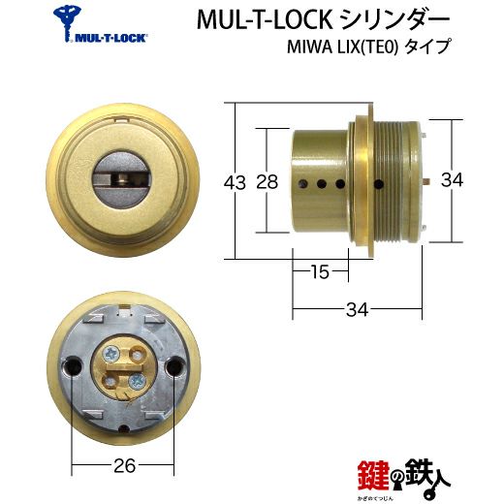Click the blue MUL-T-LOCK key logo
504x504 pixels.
69,22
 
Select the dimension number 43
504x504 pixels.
235,182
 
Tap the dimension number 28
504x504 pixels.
268,182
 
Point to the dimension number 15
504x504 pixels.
320,271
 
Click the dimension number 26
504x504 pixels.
125,466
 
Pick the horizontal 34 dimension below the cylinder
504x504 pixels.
357,309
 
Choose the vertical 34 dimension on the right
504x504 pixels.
452,179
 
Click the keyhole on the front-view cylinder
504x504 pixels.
122,178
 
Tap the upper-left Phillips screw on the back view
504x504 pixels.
111,355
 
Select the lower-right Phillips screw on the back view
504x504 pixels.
136,382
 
